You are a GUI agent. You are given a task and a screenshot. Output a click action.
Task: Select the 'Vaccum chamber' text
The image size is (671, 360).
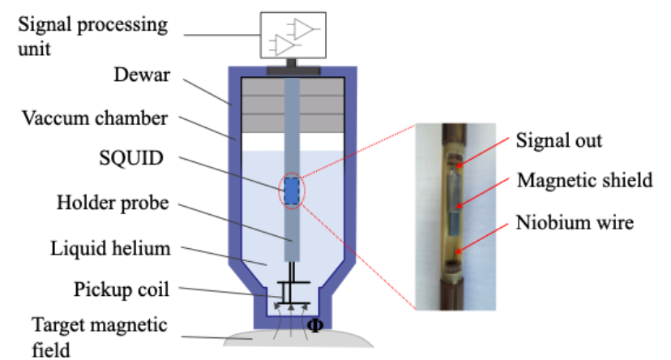click(x=95, y=118)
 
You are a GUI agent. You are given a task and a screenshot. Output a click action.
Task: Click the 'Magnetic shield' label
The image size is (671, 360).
click(x=584, y=180)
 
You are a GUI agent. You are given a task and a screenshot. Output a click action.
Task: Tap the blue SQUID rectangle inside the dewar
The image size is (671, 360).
click(x=291, y=193)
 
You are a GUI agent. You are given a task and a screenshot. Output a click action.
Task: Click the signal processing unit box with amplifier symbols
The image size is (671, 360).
click(x=293, y=36)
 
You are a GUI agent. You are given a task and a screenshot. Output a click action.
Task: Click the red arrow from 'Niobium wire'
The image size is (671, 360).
click(x=484, y=234)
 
